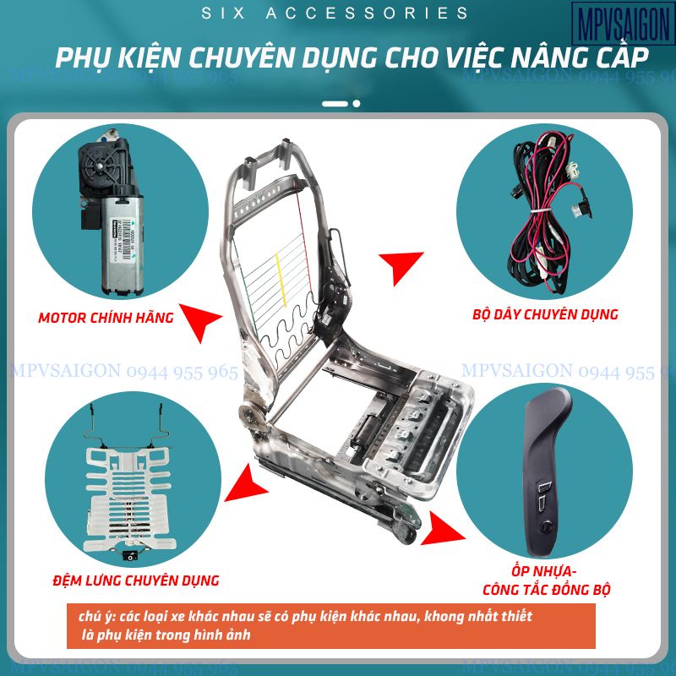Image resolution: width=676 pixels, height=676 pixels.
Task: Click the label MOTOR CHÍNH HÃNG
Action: click(106, 319)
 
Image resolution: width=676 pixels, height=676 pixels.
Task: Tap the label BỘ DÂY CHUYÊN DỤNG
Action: click(545, 314)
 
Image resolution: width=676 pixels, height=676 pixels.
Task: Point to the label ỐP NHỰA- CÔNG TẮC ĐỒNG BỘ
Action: click(547, 580)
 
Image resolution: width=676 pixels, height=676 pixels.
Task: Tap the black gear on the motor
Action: click(98, 161)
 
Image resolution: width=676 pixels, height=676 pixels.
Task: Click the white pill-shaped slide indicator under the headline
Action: click(335, 103)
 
